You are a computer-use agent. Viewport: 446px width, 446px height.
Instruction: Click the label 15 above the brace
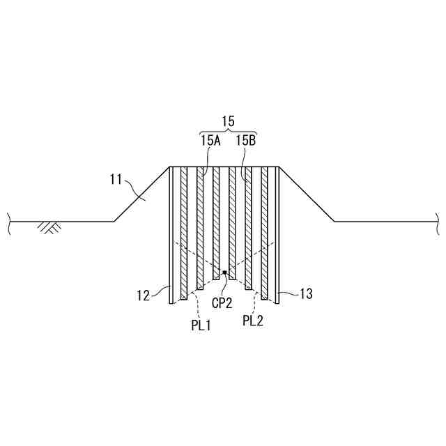pyautogui.click(x=228, y=121)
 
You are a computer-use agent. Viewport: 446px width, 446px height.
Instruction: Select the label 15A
pyautogui.click(x=210, y=141)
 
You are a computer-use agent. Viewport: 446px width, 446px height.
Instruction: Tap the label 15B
pyautogui.click(x=245, y=141)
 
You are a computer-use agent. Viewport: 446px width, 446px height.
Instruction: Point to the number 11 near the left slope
pyautogui.click(x=117, y=179)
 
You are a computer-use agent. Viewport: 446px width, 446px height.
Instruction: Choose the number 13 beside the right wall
pyautogui.click(x=306, y=294)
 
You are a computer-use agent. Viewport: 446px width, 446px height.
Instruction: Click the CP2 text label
pyautogui.click(x=222, y=304)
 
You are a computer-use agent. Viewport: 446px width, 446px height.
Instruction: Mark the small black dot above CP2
pyautogui.click(x=224, y=272)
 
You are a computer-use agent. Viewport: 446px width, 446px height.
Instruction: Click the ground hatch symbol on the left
pyautogui.click(x=48, y=227)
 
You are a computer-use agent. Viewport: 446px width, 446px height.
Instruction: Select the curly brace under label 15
pyautogui.click(x=228, y=132)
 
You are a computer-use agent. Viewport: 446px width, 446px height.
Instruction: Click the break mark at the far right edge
pyautogui.click(x=438, y=222)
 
